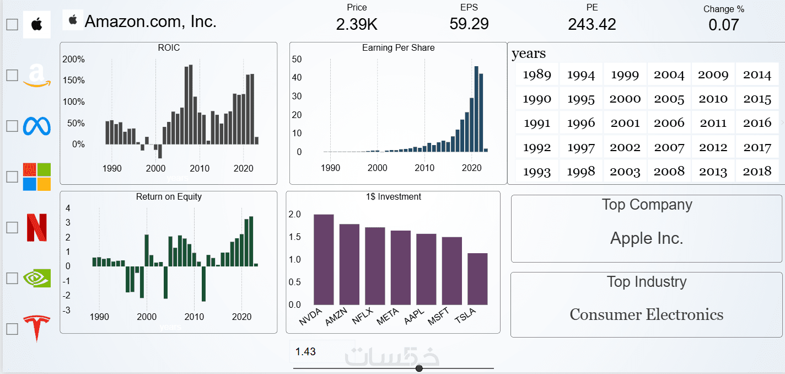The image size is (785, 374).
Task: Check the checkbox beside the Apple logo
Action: (12, 24)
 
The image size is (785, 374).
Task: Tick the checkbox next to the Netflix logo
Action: (12, 227)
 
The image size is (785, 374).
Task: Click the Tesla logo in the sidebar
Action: (36, 328)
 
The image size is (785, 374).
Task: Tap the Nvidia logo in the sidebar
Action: (36, 277)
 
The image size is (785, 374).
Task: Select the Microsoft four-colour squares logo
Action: (36, 177)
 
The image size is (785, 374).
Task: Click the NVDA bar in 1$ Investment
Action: (324, 259)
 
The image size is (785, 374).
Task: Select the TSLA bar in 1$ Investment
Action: (477, 279)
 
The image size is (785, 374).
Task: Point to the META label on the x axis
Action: (388, 317)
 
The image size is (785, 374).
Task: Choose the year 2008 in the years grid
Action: (669, 172)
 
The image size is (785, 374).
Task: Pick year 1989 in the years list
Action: (537, 75)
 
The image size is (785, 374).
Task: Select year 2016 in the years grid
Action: (757, 123)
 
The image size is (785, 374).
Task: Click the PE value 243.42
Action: (592, 24)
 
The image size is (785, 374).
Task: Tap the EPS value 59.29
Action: (469, 24)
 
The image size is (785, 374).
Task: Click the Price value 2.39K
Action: (357, 24)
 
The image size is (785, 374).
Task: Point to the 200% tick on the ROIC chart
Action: (74, 60)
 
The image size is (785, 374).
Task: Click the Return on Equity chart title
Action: (169, 196)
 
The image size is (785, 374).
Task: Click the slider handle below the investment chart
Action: (419, 368)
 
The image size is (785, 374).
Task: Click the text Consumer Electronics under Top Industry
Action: (646, 314)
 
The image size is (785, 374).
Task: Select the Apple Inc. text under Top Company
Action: (647, 238)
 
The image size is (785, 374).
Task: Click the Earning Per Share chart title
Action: (398, 48)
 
